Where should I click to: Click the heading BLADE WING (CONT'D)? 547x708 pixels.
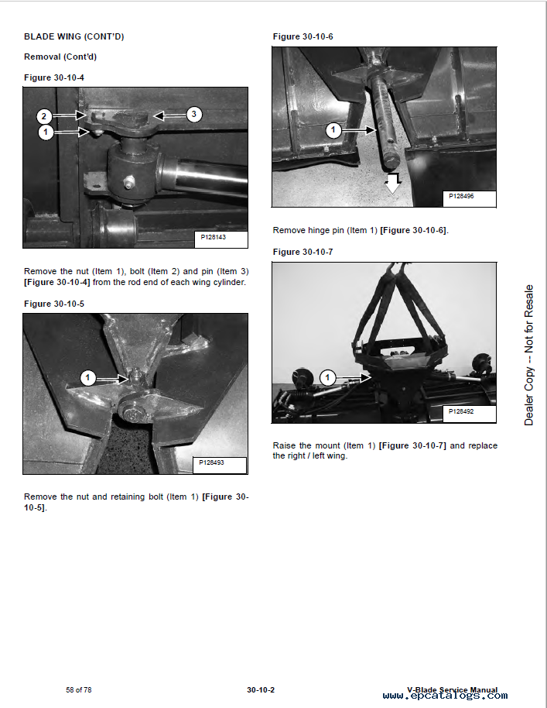point(74,36)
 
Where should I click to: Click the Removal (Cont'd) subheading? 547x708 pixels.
point(60,57)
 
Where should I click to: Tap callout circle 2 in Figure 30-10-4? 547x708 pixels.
point(45,116)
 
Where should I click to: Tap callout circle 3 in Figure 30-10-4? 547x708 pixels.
point(193,115)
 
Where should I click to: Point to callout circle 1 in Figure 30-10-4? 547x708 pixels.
point(45,132)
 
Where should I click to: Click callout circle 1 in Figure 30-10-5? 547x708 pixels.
point(88,378)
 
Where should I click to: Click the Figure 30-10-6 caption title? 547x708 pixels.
point(303,36)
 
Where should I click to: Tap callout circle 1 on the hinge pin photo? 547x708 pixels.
point(333,130)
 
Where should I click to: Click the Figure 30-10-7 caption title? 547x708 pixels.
point(303,252)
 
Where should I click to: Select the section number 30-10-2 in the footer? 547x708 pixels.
point(261,689)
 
